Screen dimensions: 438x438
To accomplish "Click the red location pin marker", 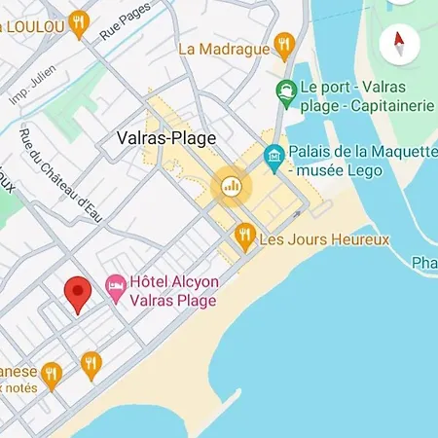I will (78, 294).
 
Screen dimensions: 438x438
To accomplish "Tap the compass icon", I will (399, 42).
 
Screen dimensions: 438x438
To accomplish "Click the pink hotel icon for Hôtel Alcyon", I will (116, 285).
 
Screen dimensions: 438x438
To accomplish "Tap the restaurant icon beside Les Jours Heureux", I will (244, 236).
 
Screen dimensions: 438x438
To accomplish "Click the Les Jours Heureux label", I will (324, 238).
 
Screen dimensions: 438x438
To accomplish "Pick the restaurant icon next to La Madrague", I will (284, 43).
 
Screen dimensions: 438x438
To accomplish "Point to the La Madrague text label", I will (223, 47).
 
